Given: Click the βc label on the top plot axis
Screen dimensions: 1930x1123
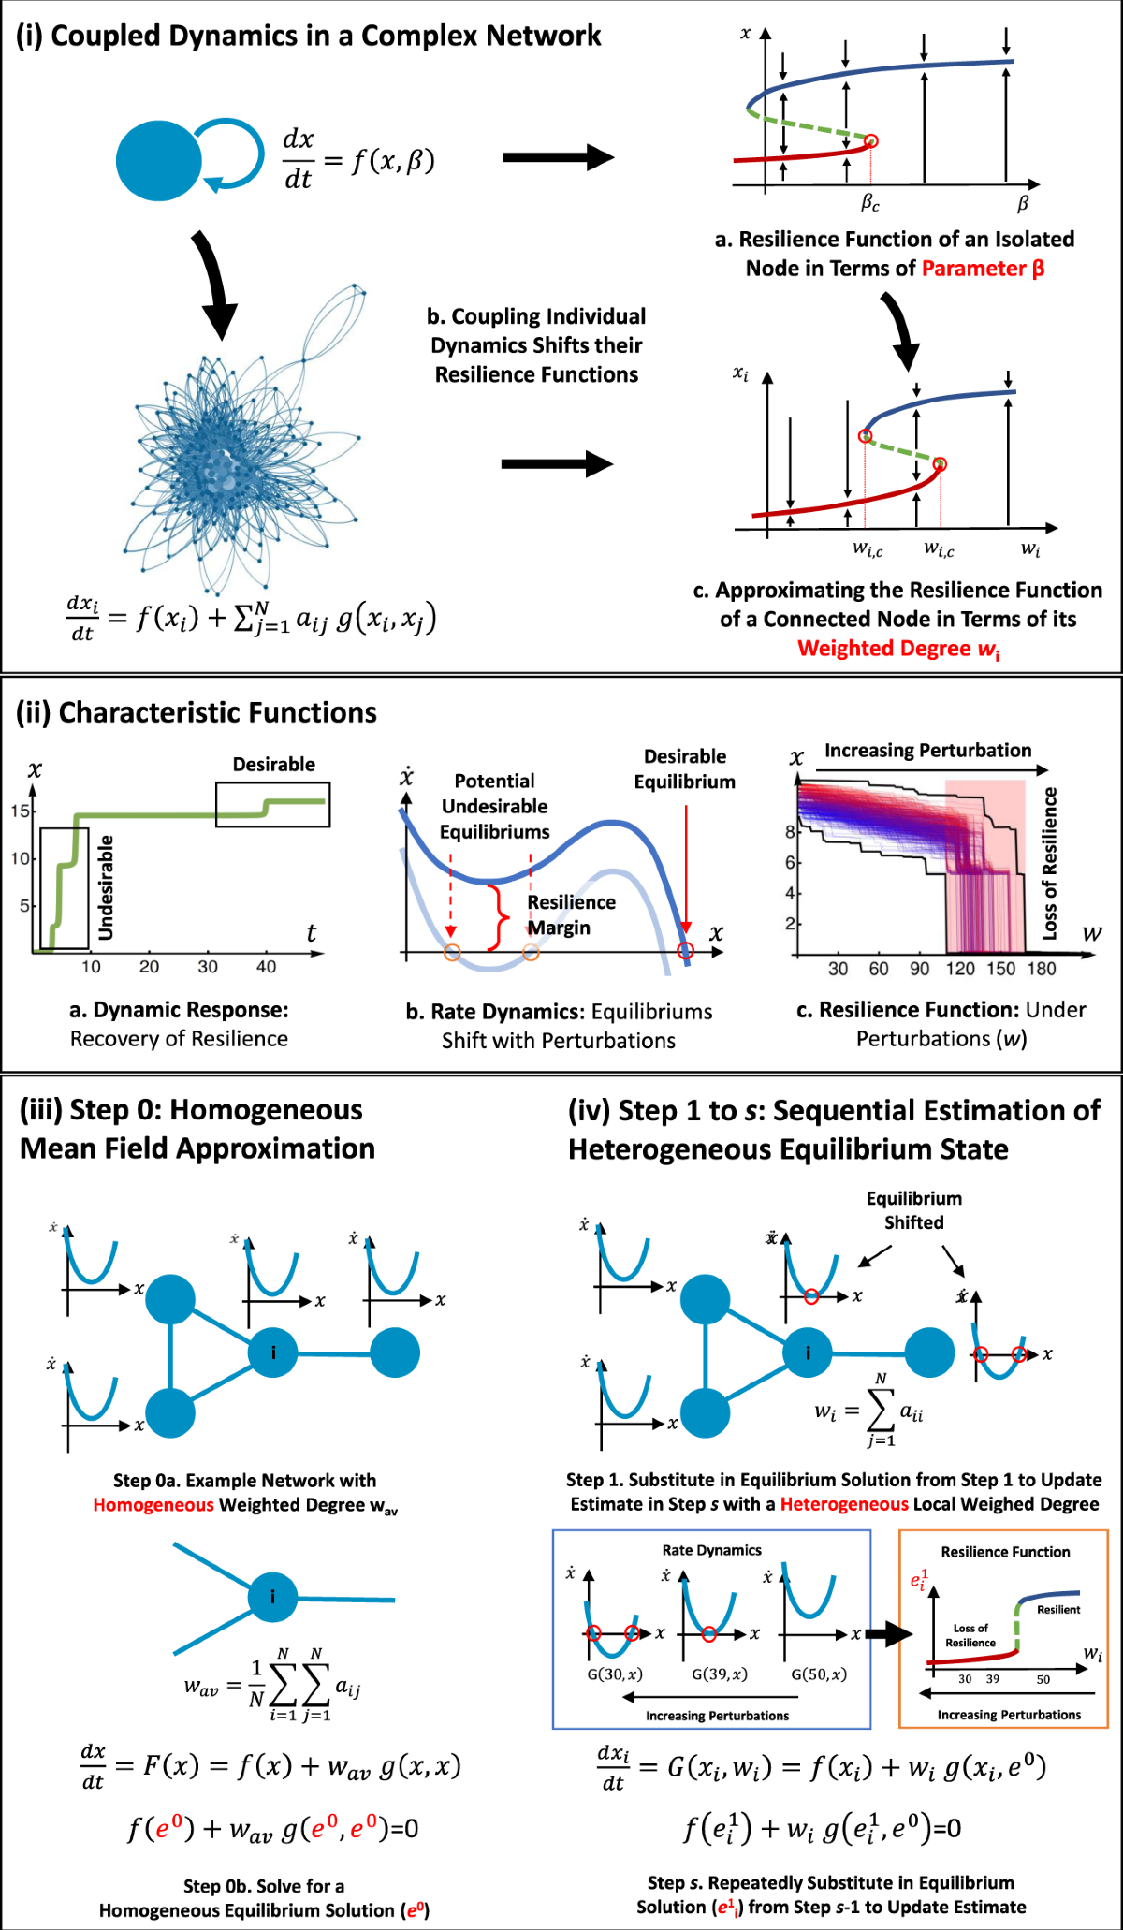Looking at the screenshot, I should point(870,202).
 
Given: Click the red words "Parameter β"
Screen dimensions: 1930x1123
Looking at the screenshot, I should point(983,269).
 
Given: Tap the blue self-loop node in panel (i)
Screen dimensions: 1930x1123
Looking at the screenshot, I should point(159,160).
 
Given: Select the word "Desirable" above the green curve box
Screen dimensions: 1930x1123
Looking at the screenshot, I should point(273,765).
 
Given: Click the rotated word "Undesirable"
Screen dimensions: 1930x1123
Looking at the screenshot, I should point(106,887).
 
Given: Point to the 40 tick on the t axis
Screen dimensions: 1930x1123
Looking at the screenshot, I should point(266,967).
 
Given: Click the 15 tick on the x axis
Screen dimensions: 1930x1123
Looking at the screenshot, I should point(20,811).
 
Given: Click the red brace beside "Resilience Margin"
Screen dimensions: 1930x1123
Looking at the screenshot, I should point(501,915).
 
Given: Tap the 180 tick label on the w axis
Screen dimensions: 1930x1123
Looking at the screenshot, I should point(1041,969).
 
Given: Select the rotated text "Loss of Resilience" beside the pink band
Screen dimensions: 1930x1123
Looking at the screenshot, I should point(1050,863).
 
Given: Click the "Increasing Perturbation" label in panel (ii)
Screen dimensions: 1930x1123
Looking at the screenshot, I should point(927,751).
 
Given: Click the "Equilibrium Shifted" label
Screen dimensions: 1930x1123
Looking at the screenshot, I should point(913,1210).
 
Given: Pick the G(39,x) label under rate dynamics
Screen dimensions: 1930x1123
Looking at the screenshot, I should point(719,1674).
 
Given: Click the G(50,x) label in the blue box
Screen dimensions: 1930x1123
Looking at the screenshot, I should point(819,1674).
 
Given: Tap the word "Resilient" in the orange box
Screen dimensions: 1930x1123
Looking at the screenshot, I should point(1058,1609).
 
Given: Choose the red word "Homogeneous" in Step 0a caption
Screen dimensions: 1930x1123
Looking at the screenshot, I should point(153,1505).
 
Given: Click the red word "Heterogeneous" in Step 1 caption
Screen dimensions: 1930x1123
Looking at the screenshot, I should point(844,1504).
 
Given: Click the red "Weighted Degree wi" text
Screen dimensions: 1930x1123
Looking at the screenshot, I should point(897,649).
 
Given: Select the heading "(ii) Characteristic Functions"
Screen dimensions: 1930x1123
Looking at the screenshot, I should point(197,713).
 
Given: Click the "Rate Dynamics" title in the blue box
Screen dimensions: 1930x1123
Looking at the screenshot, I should point(711,1550).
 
